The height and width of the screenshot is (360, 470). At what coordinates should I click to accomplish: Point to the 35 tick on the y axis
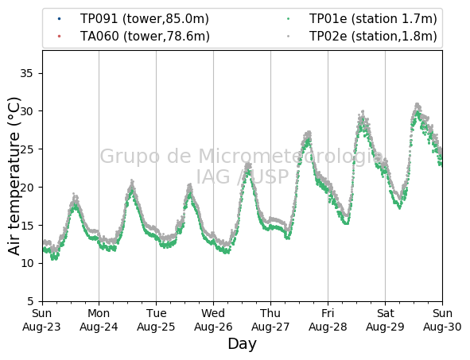pyautogui.click(x=26, y=73)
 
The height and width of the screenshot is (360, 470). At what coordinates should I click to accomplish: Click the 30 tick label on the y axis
pyautogui.click(x=26, y=111)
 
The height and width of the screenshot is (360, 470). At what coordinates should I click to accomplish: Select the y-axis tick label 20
pyautogui.click(x=26, y=188)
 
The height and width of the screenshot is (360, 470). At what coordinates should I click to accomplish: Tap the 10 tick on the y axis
pyautogui.click(x=26, y=263)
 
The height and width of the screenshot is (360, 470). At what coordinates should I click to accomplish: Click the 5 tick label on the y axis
pyautogui.click(x=30, y=301)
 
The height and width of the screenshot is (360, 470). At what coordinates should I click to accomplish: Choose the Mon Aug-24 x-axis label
pyautogui.click(x=99, y=320)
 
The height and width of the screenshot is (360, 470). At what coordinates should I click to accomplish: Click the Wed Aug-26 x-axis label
pyautogui.click(x=213, y=320)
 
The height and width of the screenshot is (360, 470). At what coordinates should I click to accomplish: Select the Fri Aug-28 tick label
pyautogui.click(x=328, y=320)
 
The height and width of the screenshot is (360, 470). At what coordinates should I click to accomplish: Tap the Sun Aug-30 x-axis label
pyautogui.click(x=442, y=320)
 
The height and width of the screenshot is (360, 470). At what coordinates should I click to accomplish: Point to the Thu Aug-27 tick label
pyautogui.click(x=270, y=320)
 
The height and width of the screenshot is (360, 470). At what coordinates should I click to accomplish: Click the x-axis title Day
pyautogui.click(x=243, y=344)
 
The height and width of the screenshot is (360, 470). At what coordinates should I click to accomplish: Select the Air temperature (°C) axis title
pyautogui.click(x=14, y=176)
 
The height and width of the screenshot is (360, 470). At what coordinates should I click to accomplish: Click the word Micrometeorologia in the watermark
pyautogui.click(x=291, y=157)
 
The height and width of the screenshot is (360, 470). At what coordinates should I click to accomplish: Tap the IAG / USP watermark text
pyautogui.click(x=243, y=176)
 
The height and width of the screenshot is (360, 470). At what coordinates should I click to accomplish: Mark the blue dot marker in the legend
pyautogui.click(x=59, y=19)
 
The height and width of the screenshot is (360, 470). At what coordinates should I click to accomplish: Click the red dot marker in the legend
pyautogui.click(x=59, y=37)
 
